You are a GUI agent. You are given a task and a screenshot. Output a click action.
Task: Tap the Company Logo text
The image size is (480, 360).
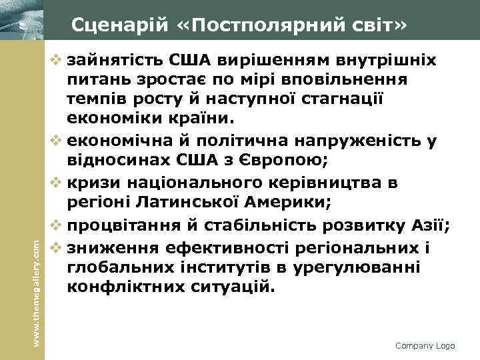(x=425, y=346)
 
